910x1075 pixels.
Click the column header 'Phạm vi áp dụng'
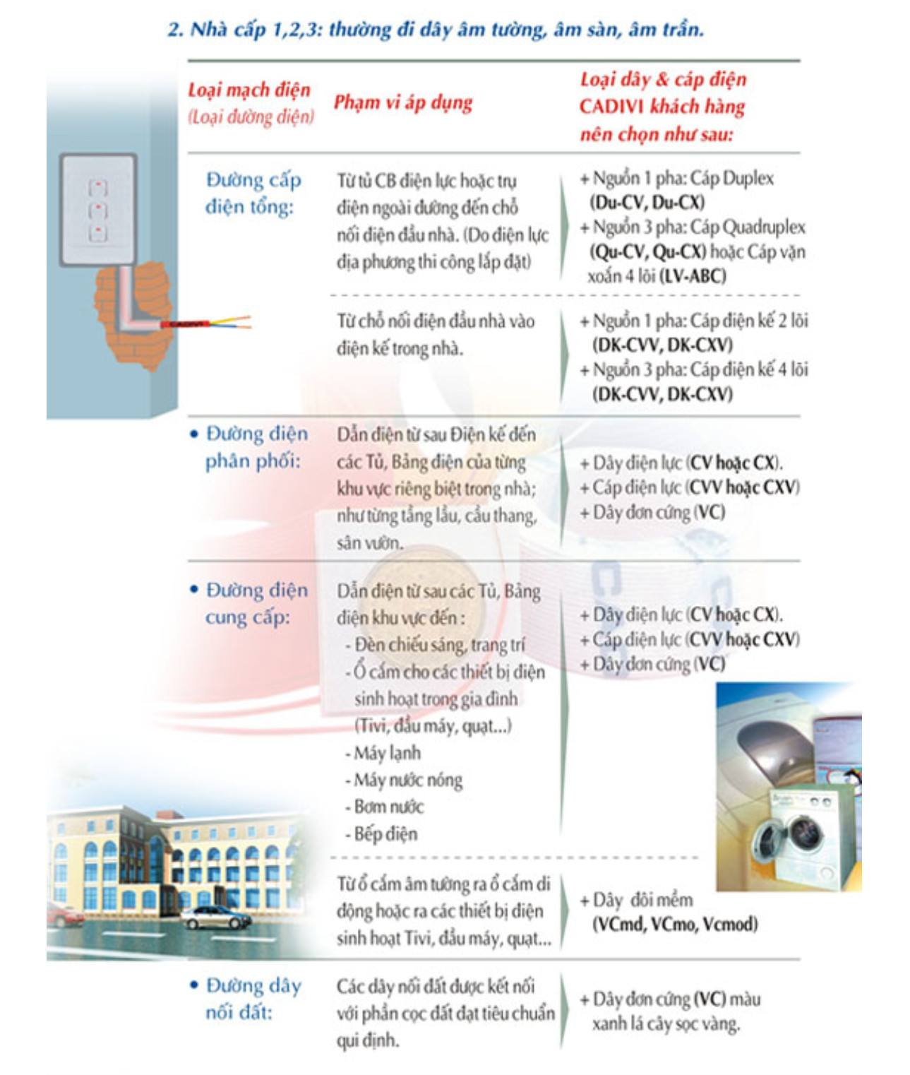[403, 102]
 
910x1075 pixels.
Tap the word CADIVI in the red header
[611, 107]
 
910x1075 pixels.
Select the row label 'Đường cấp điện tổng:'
[253, 194]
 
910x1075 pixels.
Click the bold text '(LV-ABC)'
[693, 275]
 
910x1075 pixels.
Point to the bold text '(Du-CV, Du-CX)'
[647, 202]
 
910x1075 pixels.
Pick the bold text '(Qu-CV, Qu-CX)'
[647, 251]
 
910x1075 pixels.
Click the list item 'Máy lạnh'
[383, 752]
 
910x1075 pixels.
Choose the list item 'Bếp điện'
[381, 833]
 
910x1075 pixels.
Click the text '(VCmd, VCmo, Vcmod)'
[675, 924]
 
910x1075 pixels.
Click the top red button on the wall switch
[97, 187]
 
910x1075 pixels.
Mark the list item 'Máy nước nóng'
[404, 780]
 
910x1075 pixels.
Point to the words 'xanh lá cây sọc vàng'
[666, 1024]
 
